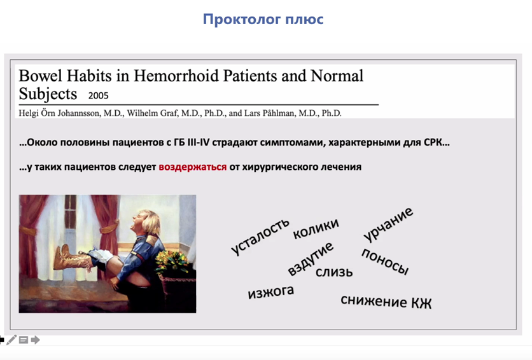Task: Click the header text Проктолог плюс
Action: (x=263, y=19)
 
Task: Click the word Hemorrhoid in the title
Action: (x=176, y=76)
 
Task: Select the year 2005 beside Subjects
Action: (x=99, y=95)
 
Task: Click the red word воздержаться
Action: (x=193, y=167)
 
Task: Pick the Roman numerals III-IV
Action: (x=199, y=142)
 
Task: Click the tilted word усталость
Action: (x=260, y=236)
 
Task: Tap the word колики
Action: (x=316, y=228)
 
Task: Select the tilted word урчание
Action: (x=388, y=224)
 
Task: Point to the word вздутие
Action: (x=311, y=259)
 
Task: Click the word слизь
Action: (x=334, y=272)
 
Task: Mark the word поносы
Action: (x=385, y=261)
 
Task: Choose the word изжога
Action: (x=270, y=292)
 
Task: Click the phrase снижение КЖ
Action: (x=386, y=301)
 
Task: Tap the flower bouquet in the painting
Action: (x=172, y=262)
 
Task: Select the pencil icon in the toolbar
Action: (x=11, y=340)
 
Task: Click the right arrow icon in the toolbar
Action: (x=35, y=340)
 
